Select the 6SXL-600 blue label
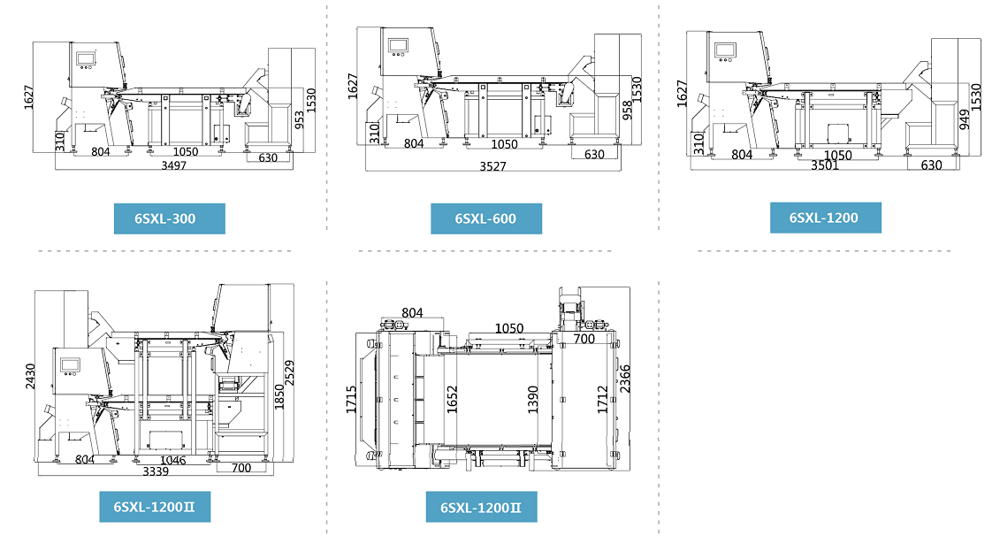(485, 218)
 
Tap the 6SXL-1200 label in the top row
(824, 218)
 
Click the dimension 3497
(173, 165)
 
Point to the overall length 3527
(493, 166)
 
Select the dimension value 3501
(825, 165)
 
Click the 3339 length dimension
(156, 471)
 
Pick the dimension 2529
(289, 374)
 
